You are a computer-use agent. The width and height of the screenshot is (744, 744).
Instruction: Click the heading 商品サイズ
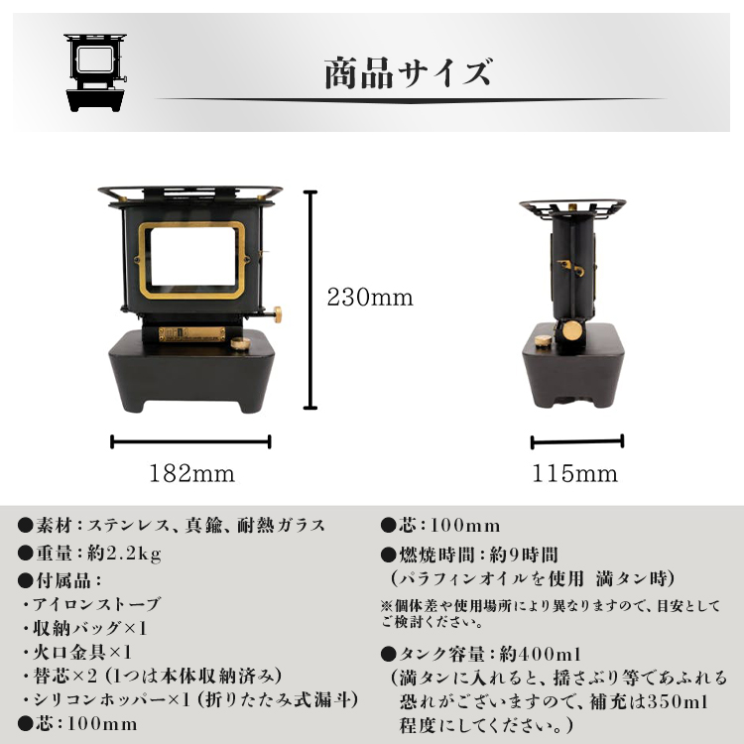(408, 73)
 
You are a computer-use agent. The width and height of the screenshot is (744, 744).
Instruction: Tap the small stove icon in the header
(95, 72)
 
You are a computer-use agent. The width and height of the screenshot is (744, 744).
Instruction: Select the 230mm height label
(370, 298)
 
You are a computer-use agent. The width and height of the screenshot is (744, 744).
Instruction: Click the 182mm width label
(192, 473)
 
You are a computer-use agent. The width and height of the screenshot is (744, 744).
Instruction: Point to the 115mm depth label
(575, 473)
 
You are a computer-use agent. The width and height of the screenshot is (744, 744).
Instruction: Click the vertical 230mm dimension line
(310, 300)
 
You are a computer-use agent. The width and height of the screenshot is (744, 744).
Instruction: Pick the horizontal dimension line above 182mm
(190, 441)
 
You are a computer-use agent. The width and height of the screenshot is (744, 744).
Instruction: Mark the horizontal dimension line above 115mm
(577, 441)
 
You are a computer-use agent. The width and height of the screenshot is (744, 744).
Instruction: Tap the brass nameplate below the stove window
(192, 334)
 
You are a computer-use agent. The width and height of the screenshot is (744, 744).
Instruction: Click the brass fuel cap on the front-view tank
(241, 343)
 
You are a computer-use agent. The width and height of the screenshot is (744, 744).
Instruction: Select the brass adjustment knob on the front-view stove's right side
(277, 314)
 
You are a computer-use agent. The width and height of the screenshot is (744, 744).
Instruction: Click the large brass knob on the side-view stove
(572, 330)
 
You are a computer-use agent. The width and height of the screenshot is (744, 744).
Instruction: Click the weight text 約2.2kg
(124, 554)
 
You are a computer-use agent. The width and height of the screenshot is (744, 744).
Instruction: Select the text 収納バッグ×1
(89, 628)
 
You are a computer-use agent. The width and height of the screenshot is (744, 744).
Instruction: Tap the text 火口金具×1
(82, 652)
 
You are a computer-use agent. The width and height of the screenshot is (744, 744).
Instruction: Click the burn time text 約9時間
(524, 555)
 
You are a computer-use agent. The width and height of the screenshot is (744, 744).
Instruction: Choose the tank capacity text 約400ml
(541, 654)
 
